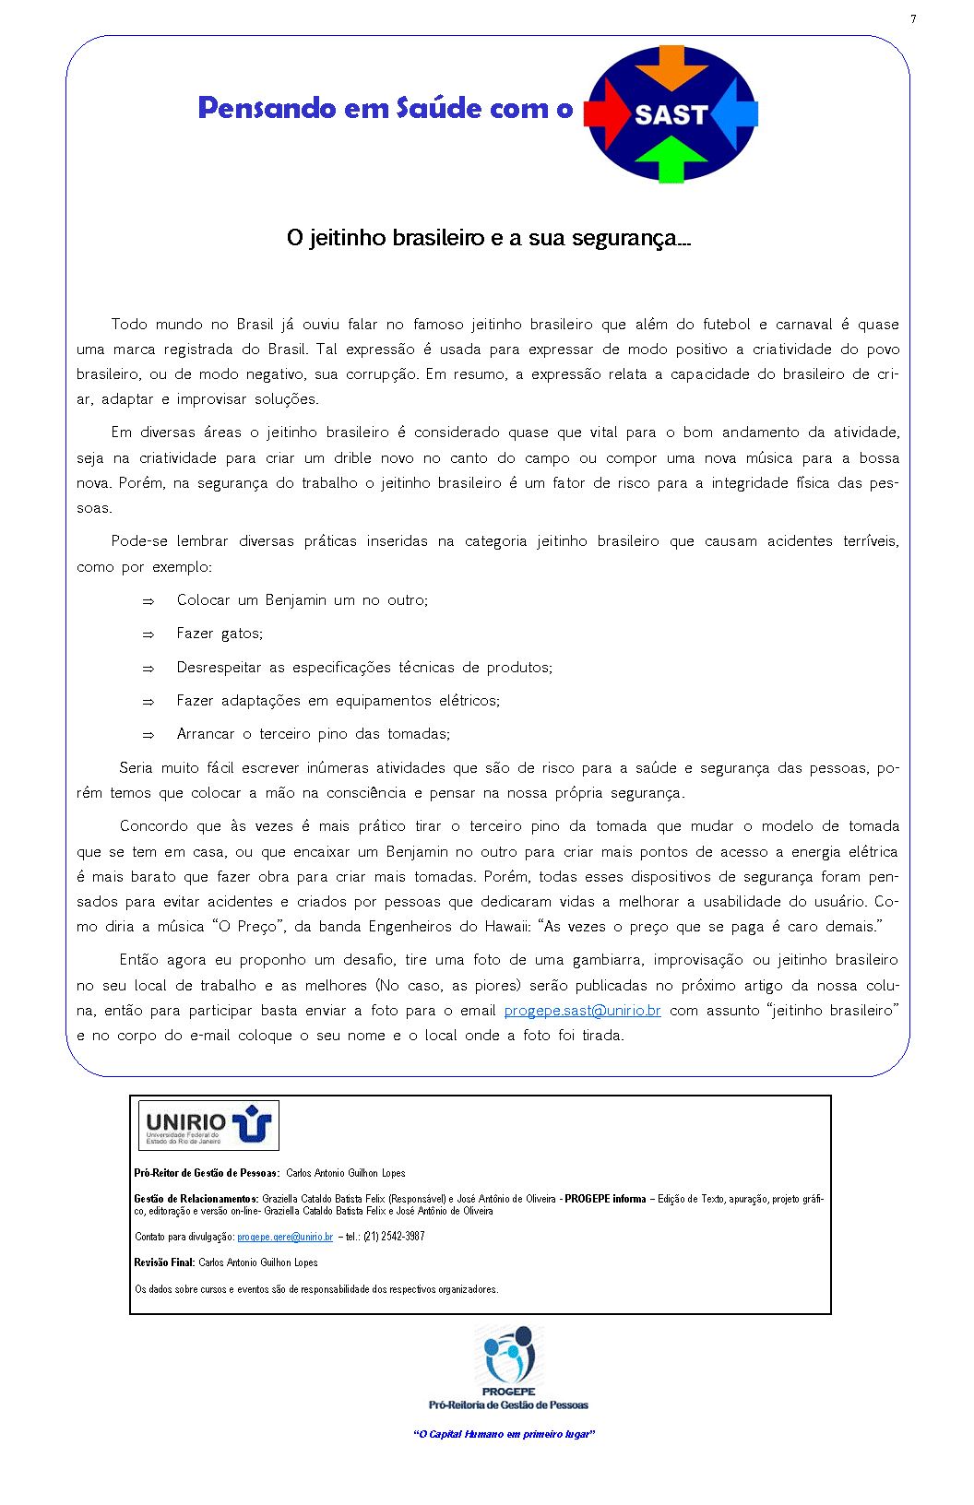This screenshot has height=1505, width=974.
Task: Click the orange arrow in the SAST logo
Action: tap(671, 65)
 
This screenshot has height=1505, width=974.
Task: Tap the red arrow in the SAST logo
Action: tap(605, 113)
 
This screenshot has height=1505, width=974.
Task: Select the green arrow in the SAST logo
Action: tap(671, 159)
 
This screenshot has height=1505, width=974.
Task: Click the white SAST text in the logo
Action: tap(671, 115)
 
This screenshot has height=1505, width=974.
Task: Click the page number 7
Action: tap(913, 19)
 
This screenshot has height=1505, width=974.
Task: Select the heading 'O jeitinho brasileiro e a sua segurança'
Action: tap(488, 238)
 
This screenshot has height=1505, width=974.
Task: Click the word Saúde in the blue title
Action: tap(439, 108)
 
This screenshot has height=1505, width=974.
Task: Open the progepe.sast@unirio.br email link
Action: tap(582, 1011)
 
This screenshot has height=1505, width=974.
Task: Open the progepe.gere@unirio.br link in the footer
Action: tap(285, 1237)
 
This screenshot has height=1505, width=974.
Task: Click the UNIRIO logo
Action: tap(208, 1125)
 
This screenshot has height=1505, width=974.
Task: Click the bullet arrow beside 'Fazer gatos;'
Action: tap(148, 634)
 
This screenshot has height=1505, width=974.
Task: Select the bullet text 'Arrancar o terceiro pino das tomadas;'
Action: tap(314, 734)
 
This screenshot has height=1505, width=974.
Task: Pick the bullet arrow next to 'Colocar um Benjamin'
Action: tap(148, 601)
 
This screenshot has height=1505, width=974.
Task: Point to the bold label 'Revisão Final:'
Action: tap(164, 1262)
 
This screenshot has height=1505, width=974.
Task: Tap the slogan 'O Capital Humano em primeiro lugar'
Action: tap(504, 1434)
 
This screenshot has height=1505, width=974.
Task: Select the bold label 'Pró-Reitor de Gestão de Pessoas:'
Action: tap(207, 1173)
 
